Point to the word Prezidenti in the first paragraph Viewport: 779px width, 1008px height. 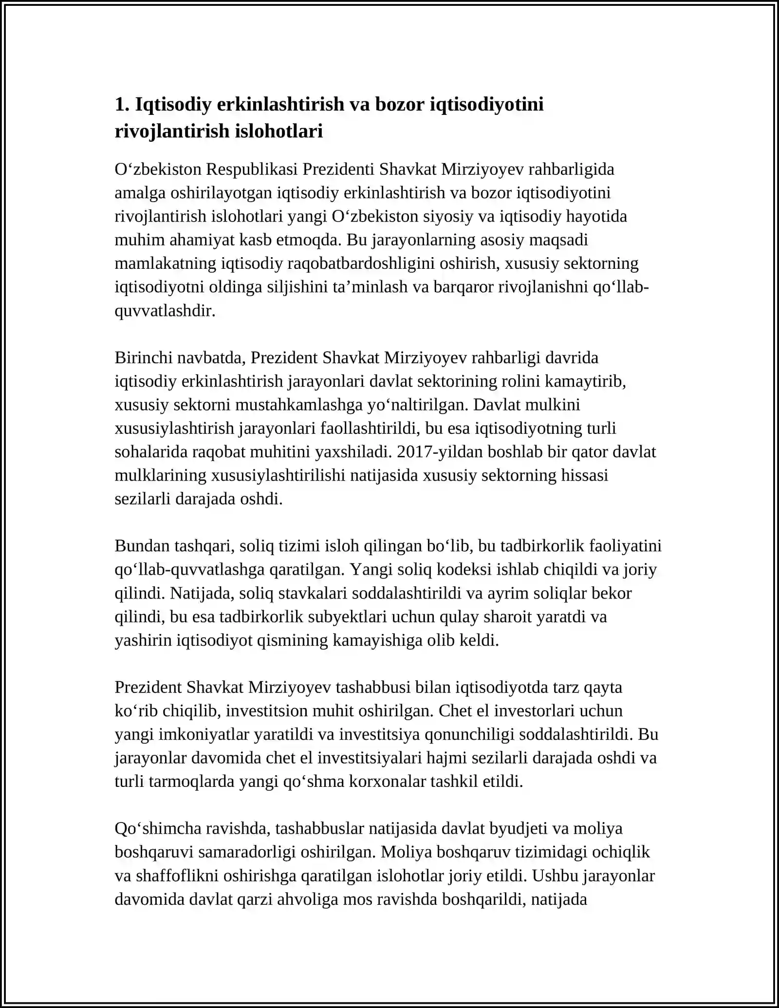tap(338, 169)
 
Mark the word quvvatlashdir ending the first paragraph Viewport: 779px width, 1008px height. tap(165, 311)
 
